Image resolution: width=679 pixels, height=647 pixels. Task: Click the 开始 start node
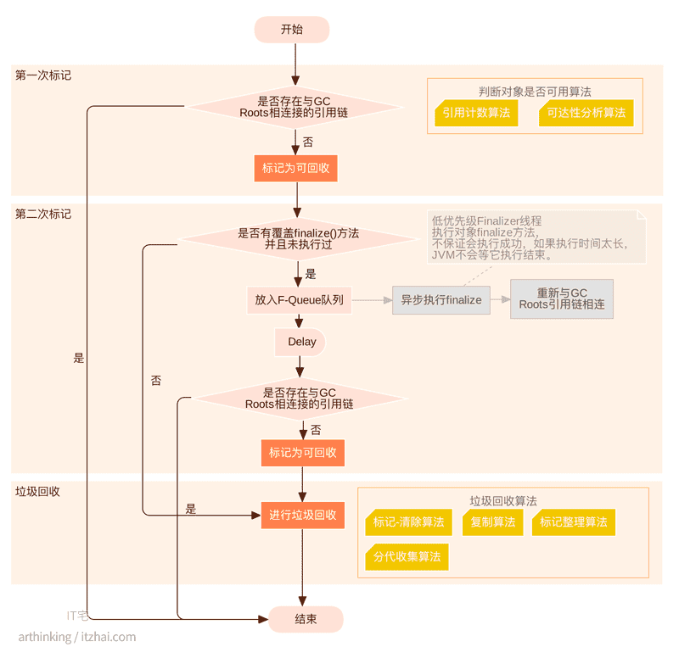(291, 30)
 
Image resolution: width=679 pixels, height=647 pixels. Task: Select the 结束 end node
(306, 620)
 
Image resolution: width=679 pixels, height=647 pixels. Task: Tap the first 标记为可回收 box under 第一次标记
(295, 169)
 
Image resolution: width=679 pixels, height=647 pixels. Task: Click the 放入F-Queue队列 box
(299, 300)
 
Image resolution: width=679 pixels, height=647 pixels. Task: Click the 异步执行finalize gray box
(441, 300)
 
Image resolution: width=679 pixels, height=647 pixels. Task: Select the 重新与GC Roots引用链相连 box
(561, 299)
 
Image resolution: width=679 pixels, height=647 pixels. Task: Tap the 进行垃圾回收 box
(302, 515)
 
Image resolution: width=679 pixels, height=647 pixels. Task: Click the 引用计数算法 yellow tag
(476, 113)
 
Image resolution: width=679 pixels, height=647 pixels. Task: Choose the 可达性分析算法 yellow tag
(586, 113)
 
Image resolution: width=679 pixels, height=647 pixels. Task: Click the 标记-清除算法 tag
(408, 522)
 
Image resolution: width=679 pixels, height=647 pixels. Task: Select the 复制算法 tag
(492, 522)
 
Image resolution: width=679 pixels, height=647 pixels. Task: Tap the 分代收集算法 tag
(407, 557)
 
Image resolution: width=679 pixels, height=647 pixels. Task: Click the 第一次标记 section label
(43, 75)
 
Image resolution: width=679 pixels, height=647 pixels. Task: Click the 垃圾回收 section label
(37, 492)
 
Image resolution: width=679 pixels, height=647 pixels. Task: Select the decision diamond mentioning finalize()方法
(298, 238)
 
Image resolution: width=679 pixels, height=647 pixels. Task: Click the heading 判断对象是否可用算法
(534, 92)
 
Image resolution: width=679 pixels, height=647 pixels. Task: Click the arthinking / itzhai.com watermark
(76, 637)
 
